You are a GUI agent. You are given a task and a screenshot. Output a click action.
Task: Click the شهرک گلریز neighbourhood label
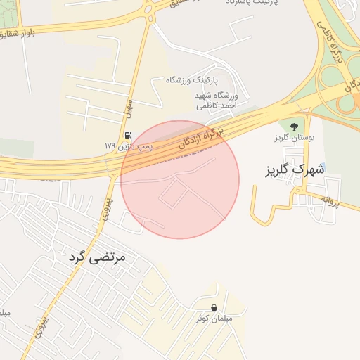[295, 169]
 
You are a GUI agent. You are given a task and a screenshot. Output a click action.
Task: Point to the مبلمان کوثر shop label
[213, 319]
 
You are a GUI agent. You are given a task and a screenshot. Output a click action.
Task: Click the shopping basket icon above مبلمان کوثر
[214, 307]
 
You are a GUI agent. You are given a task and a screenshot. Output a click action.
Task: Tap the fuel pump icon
[127, 135]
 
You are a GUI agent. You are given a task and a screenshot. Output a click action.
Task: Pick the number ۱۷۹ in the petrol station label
[110, 146]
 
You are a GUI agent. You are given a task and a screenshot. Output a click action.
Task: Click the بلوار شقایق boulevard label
[15, 33]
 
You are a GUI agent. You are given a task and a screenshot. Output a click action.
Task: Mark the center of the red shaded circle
[180, 179]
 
